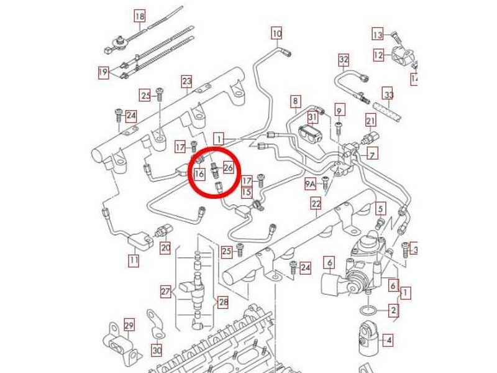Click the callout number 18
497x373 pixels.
(x=140, y=16)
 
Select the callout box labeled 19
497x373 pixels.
(x=103, y=73)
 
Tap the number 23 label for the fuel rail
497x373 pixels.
(x=187, y=81)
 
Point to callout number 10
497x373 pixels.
(x=276, y=34)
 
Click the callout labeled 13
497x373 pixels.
(x=378, y=34)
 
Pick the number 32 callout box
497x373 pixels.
(x=344, y=60)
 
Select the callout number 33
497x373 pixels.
(x=389, y=94)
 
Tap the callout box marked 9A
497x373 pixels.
(x=311, y=183)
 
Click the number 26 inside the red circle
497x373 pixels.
(x=228, y=168)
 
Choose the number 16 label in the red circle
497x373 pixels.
(x=199, y=173)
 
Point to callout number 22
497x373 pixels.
(x=316, y=203)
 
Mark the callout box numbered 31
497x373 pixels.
(x=313, y=117)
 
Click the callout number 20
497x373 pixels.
(x=165, y=247)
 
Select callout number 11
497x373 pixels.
(x=134, y=260)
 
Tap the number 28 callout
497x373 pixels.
(x=223, y=302)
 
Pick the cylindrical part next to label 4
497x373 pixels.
(x=369, y=340)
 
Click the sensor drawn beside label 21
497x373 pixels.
(x=370, y=137)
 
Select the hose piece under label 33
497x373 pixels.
(x=386, y=111)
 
